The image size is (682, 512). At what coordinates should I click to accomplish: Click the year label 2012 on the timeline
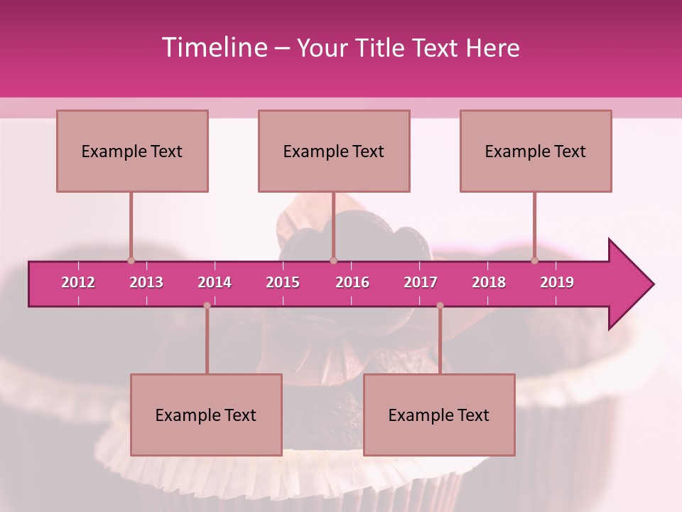(78, 282)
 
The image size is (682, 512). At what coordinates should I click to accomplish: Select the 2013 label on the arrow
(146, 282)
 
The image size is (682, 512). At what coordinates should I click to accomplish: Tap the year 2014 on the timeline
(215, 282)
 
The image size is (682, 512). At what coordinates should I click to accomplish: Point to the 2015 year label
(283, 282)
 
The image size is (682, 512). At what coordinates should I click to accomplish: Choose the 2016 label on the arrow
(352, 282)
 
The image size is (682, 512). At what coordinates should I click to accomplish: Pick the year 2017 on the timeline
(421, 282)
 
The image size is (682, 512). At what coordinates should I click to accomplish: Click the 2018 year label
(489, 282)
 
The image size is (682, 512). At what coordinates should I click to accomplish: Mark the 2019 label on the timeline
(557, 282)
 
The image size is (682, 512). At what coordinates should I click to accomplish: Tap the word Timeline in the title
(214, 48)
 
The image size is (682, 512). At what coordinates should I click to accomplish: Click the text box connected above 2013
(132, 151)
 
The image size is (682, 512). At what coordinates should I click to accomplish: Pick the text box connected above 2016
(334, 151)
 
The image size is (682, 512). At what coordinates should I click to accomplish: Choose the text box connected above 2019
(536, 151)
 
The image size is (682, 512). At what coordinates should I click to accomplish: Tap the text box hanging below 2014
(206, 415)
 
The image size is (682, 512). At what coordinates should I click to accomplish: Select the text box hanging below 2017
(439, 415)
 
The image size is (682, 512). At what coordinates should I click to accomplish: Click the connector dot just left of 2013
(131, 260)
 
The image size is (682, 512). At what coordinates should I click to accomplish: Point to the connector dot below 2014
(207, 306)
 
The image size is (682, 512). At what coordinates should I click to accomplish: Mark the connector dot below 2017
(440, 306)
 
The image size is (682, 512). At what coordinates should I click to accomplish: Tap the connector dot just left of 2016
(333, 260)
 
